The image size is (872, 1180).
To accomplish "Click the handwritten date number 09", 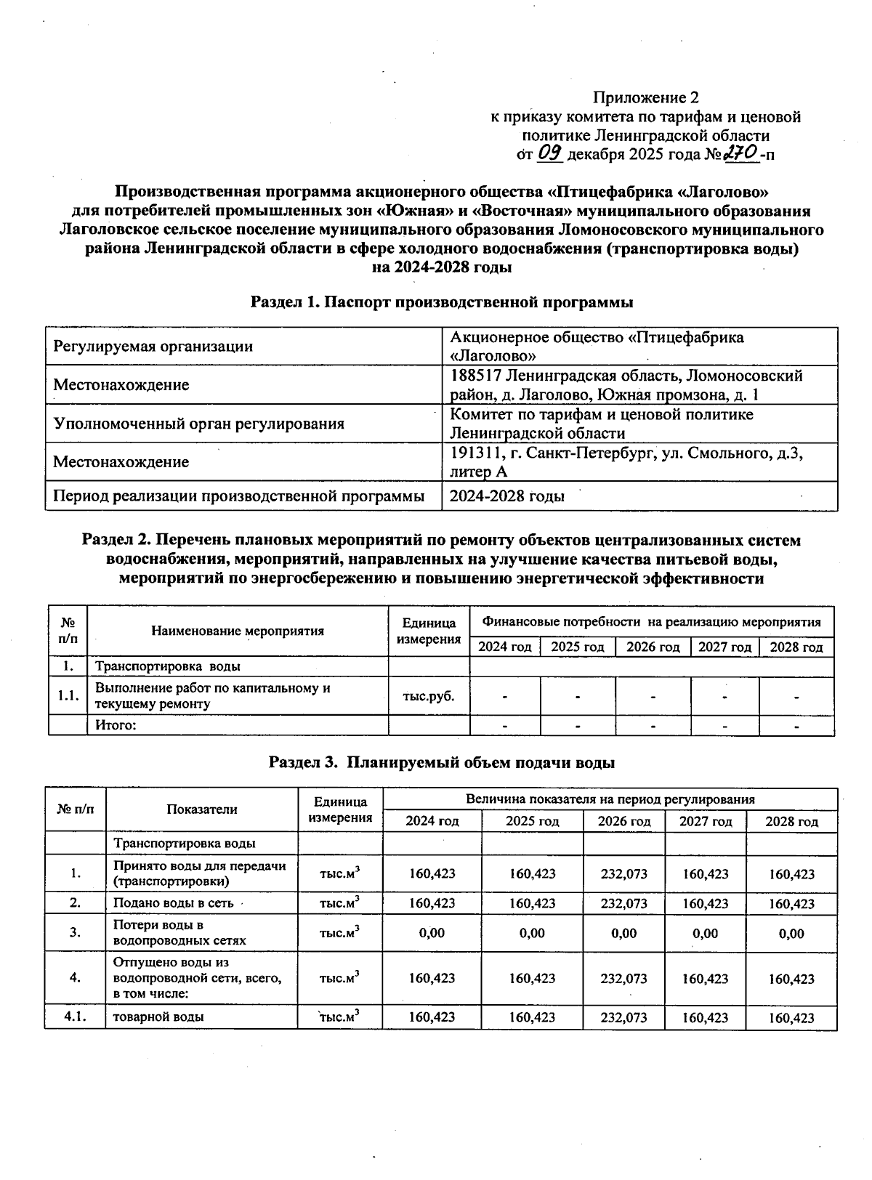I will click(550, 153).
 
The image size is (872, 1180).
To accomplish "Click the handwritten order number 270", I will click(740, 153).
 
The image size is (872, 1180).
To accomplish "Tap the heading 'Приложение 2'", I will click(646, 97).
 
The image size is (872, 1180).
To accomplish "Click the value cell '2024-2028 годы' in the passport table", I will click(506, 496).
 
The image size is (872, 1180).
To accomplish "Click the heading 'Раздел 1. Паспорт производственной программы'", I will click(441, 302).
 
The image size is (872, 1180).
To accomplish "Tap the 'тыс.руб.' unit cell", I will click(429, 696).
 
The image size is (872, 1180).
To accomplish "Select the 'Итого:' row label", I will click(116, 725).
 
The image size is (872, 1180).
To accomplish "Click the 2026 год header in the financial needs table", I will click(653, 647).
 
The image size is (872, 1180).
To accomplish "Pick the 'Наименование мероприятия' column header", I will click(238, 631).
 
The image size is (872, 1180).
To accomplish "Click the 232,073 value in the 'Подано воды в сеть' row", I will click(623, 903).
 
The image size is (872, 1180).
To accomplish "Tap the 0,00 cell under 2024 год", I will click(432, 933).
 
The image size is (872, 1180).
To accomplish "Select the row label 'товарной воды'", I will click(158, 1017).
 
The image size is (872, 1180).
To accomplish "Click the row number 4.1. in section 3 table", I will click(76, 1017).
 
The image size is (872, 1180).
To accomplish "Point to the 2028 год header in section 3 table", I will click(791, 822).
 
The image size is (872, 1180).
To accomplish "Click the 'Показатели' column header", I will click(201, 809).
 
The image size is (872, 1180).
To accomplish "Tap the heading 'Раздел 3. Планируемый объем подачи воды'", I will click(441, 762).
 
